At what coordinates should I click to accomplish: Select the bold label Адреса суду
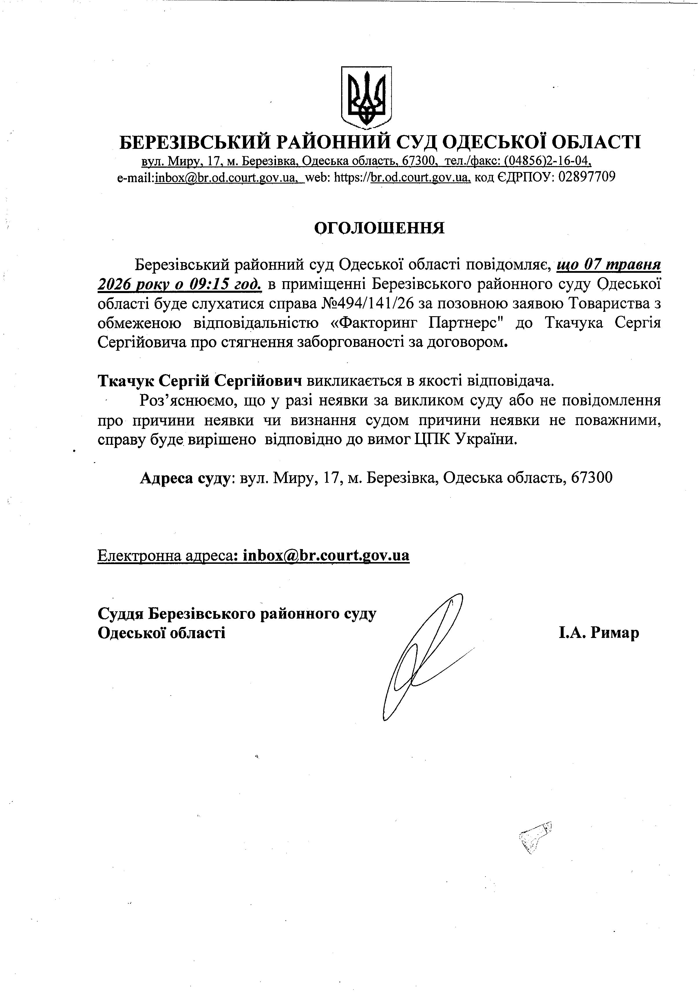184,478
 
